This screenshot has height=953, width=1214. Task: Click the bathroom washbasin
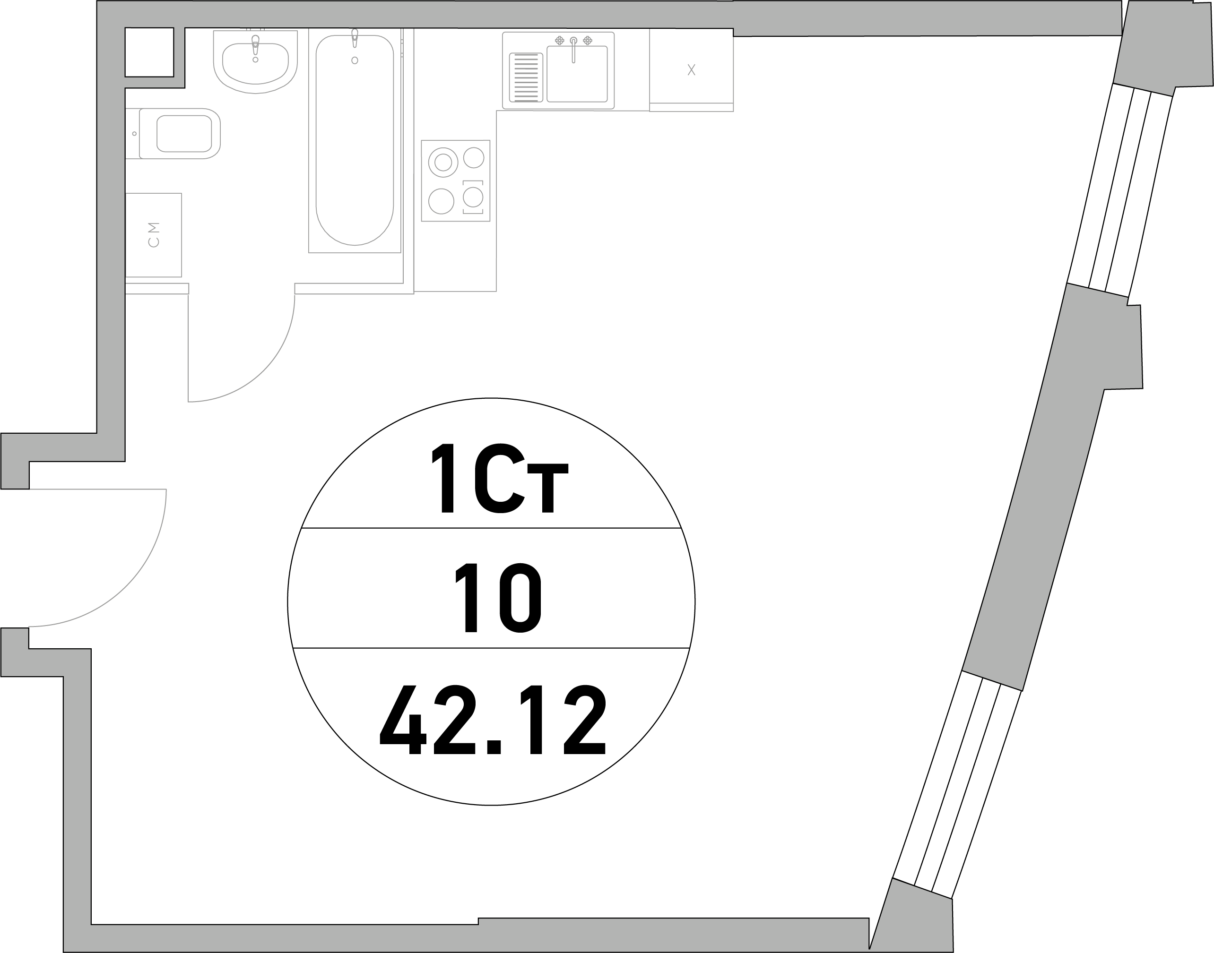click(x=255, y=61)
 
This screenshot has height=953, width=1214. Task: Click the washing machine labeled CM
click(x=154, y=235)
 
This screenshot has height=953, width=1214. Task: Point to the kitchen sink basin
click(x=577, y=74)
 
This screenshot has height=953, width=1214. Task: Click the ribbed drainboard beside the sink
click(x=526, y=77)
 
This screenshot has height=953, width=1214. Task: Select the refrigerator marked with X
click(x=691, y=70)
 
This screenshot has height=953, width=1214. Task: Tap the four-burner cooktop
click(x=455, y=181)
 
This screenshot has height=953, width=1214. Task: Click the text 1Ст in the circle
click(x=500, y=478)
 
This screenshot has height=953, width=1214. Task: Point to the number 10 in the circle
click(x=498, y=598)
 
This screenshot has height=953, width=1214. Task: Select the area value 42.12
click(x=493, y=721)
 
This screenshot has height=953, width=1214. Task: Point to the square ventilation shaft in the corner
click(x=149, y=52)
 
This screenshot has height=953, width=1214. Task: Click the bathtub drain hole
click(x=355, y=60)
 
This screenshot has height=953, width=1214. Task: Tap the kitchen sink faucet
click(x=573, y=50)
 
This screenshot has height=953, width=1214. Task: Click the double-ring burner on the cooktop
click(x=443, y=163)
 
